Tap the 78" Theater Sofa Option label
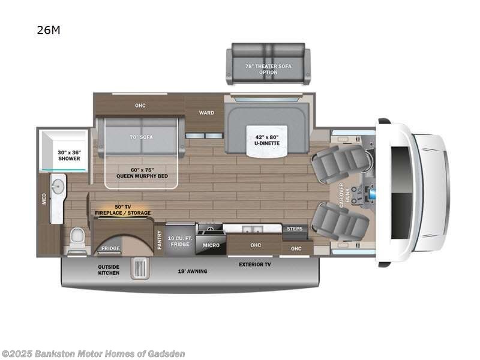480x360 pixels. coord(268,69)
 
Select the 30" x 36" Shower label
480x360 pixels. coord(69,155)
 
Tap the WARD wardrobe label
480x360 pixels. coord(206,112)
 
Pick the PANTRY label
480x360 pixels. coord(160,239)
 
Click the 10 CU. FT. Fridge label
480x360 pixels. coord(179,241)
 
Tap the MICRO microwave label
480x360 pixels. coord(210,245)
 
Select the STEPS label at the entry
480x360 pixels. coord(295,229)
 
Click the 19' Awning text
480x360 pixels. coord(193,271)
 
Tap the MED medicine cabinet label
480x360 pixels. coord(44,199)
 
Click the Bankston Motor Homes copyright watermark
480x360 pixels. coord(93,353)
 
